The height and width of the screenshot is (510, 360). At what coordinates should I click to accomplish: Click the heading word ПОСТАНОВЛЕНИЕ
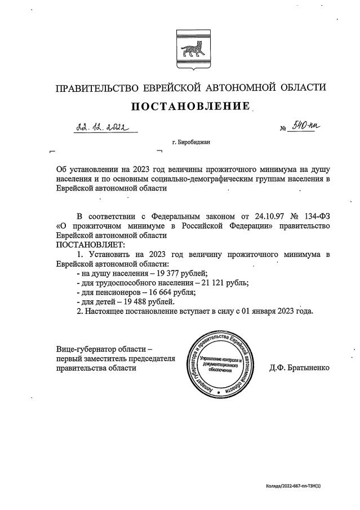pyautogui.click(x=190, y=107)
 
